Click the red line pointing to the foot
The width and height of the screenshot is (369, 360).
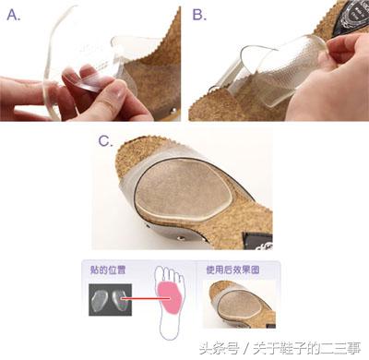click(x=138, y=299)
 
